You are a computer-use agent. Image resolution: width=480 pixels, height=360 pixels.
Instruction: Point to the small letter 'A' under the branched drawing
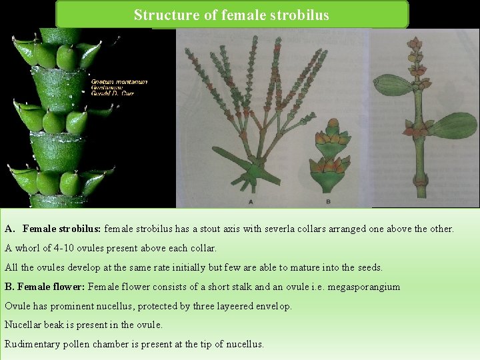[x=250, y=201]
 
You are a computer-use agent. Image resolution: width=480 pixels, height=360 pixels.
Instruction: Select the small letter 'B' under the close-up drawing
[x=328, y=201]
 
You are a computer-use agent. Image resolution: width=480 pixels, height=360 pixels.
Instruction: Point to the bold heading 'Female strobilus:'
[x=61, y=229]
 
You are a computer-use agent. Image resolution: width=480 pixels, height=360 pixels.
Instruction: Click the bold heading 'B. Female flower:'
[x=45, y=287]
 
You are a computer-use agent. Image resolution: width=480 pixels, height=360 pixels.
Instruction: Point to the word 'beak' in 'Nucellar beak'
[x=58, y=325]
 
